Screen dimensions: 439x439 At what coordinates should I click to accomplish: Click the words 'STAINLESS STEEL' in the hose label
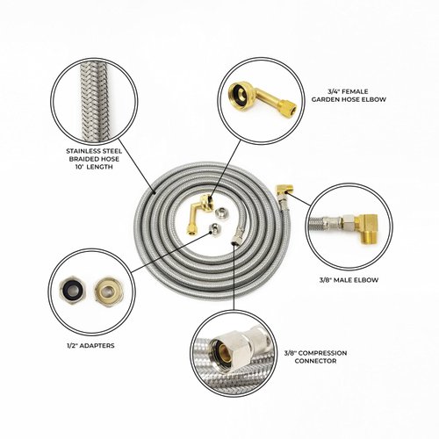[94, 150]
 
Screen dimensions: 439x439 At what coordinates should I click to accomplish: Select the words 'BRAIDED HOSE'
[94, 159]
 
